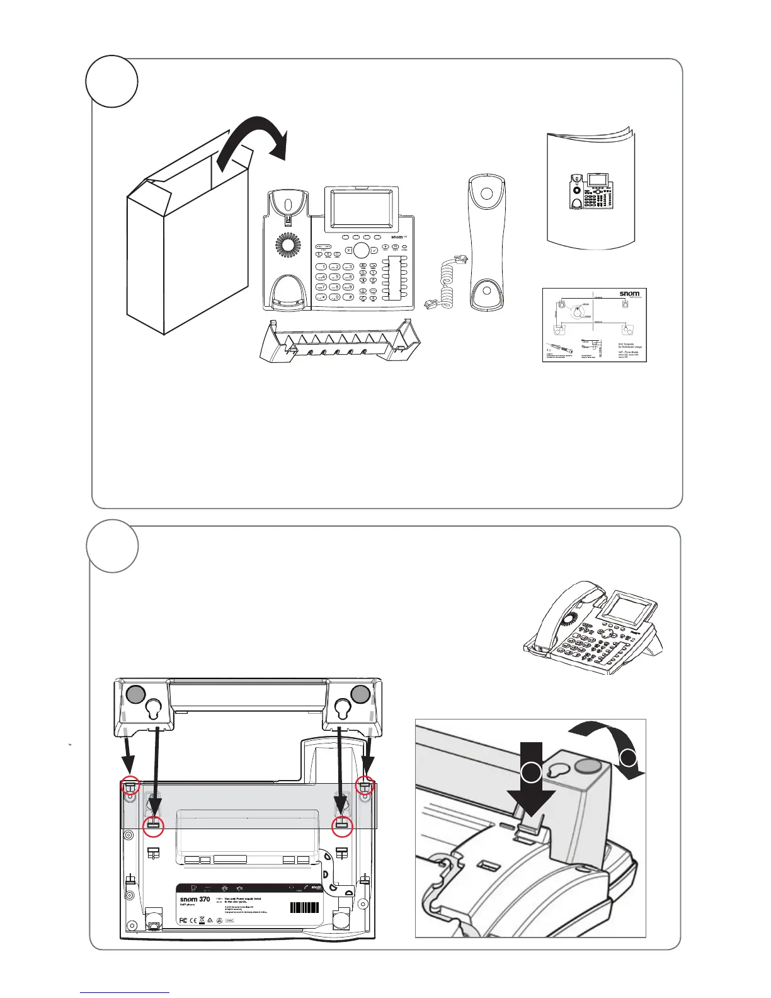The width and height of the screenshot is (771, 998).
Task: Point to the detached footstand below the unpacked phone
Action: pos(341,341)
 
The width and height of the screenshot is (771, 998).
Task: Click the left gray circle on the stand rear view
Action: pos(135,694)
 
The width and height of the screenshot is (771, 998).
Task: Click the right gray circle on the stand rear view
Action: pos(360,694)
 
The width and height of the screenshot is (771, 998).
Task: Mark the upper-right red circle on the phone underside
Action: pos(365,786)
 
